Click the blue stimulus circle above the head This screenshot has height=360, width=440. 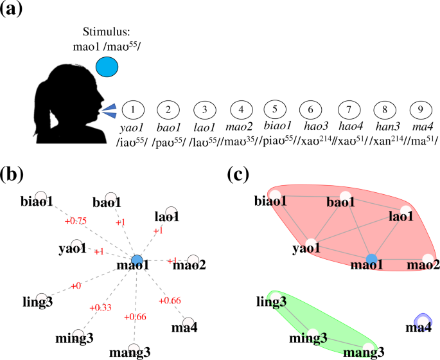pyautogui.click(x=107, y=66)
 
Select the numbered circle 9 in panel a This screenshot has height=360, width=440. pyautogui.click(x=420, y=110)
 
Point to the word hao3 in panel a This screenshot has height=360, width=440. pyautogui.click(x=312, y=127)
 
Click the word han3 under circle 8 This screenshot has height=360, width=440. pyautogui.click(x=383, y=127)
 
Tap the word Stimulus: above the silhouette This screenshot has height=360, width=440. pyautogui.click(x=106, y=32)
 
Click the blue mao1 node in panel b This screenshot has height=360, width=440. pyautogui.click(x=136, y=260)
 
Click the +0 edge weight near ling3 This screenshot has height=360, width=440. pyautogui.click(x=76, y=285)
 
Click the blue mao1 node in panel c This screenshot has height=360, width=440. pyautogui.click(x=371, y=260)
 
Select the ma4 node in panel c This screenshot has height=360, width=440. pyautogui.click(x=422, y=319)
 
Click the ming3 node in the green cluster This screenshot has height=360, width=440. pyautogui.click(x=313, y=334)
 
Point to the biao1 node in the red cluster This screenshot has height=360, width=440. pyautogui.click(x=275, y=195)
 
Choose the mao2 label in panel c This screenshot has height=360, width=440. pyautogui.click(x=422, y=264)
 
